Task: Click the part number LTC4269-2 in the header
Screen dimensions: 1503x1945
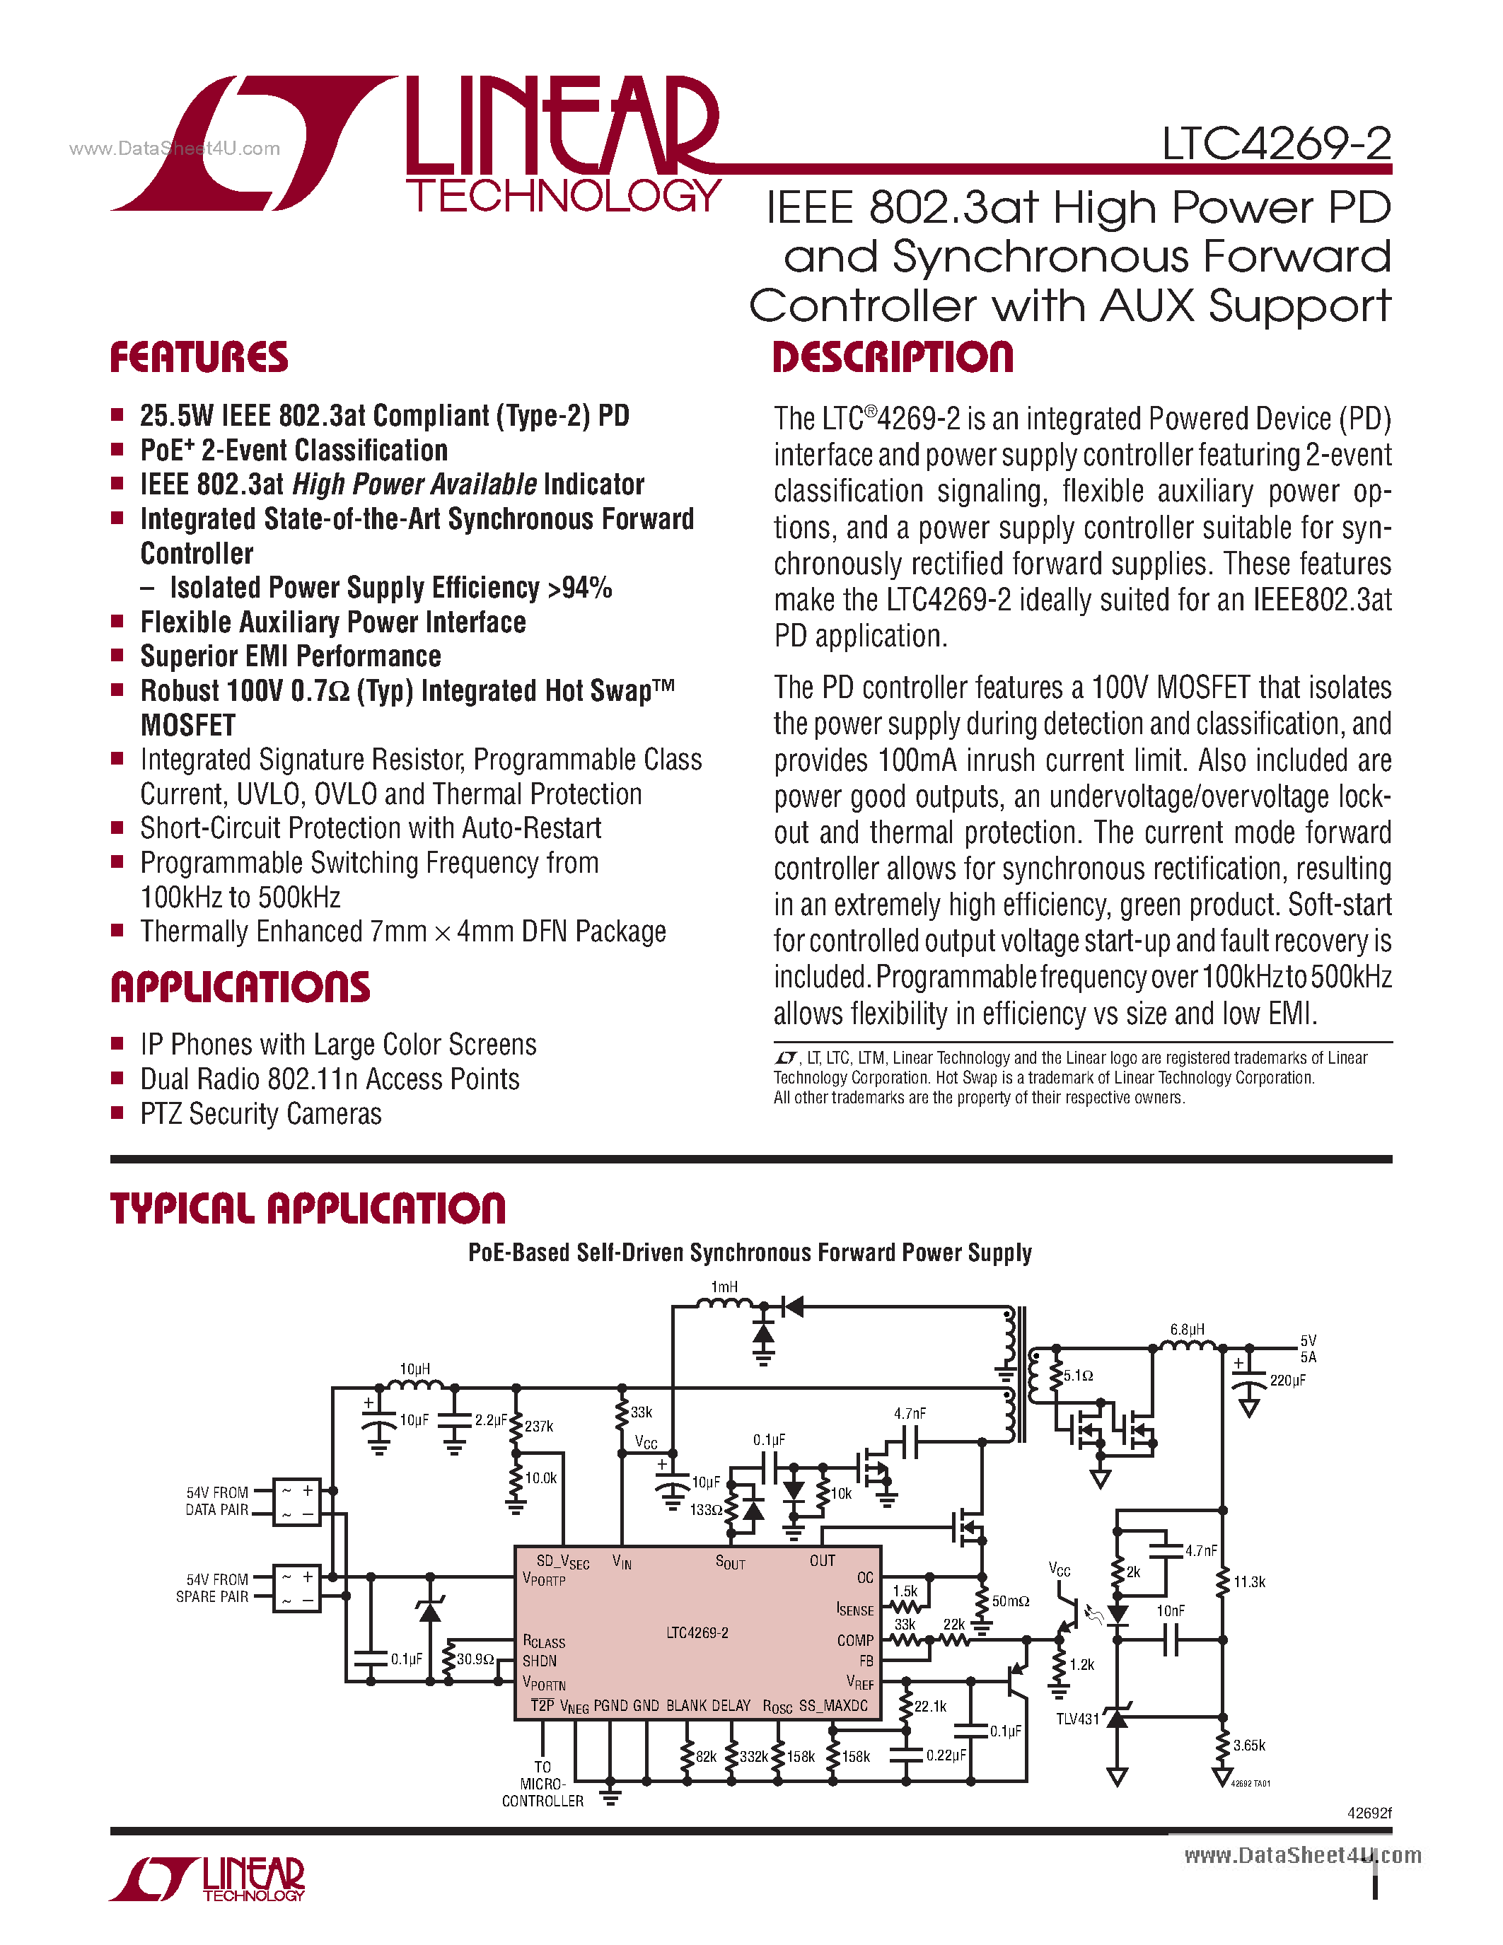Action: [1276, 144]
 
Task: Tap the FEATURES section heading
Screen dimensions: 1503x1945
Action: [199, 357]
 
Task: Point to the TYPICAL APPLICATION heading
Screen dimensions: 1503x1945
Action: [307, 1209]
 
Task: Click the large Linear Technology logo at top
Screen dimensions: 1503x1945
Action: [415, 145]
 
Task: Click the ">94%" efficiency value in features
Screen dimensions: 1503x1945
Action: [580, 588]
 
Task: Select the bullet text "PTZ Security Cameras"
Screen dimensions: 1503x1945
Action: [261, 1114]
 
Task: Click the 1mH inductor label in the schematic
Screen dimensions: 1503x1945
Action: [724, 1287]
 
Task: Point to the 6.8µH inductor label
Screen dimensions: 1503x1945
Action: [1187, 1330]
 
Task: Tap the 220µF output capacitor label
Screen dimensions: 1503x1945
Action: [1287, 1381]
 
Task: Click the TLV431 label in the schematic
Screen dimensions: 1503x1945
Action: [1077, 1719]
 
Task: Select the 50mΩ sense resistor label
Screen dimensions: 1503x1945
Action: [1011, 1601]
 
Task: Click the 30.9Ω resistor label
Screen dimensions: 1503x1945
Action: [475, 1659]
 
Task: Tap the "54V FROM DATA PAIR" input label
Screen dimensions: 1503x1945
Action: [216, 1501]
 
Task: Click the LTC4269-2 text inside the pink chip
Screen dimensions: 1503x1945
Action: [697, 1632]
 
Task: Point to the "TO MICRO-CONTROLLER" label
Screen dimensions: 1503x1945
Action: [542, 1784]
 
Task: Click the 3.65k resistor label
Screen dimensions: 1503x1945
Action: [1249, 1746]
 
